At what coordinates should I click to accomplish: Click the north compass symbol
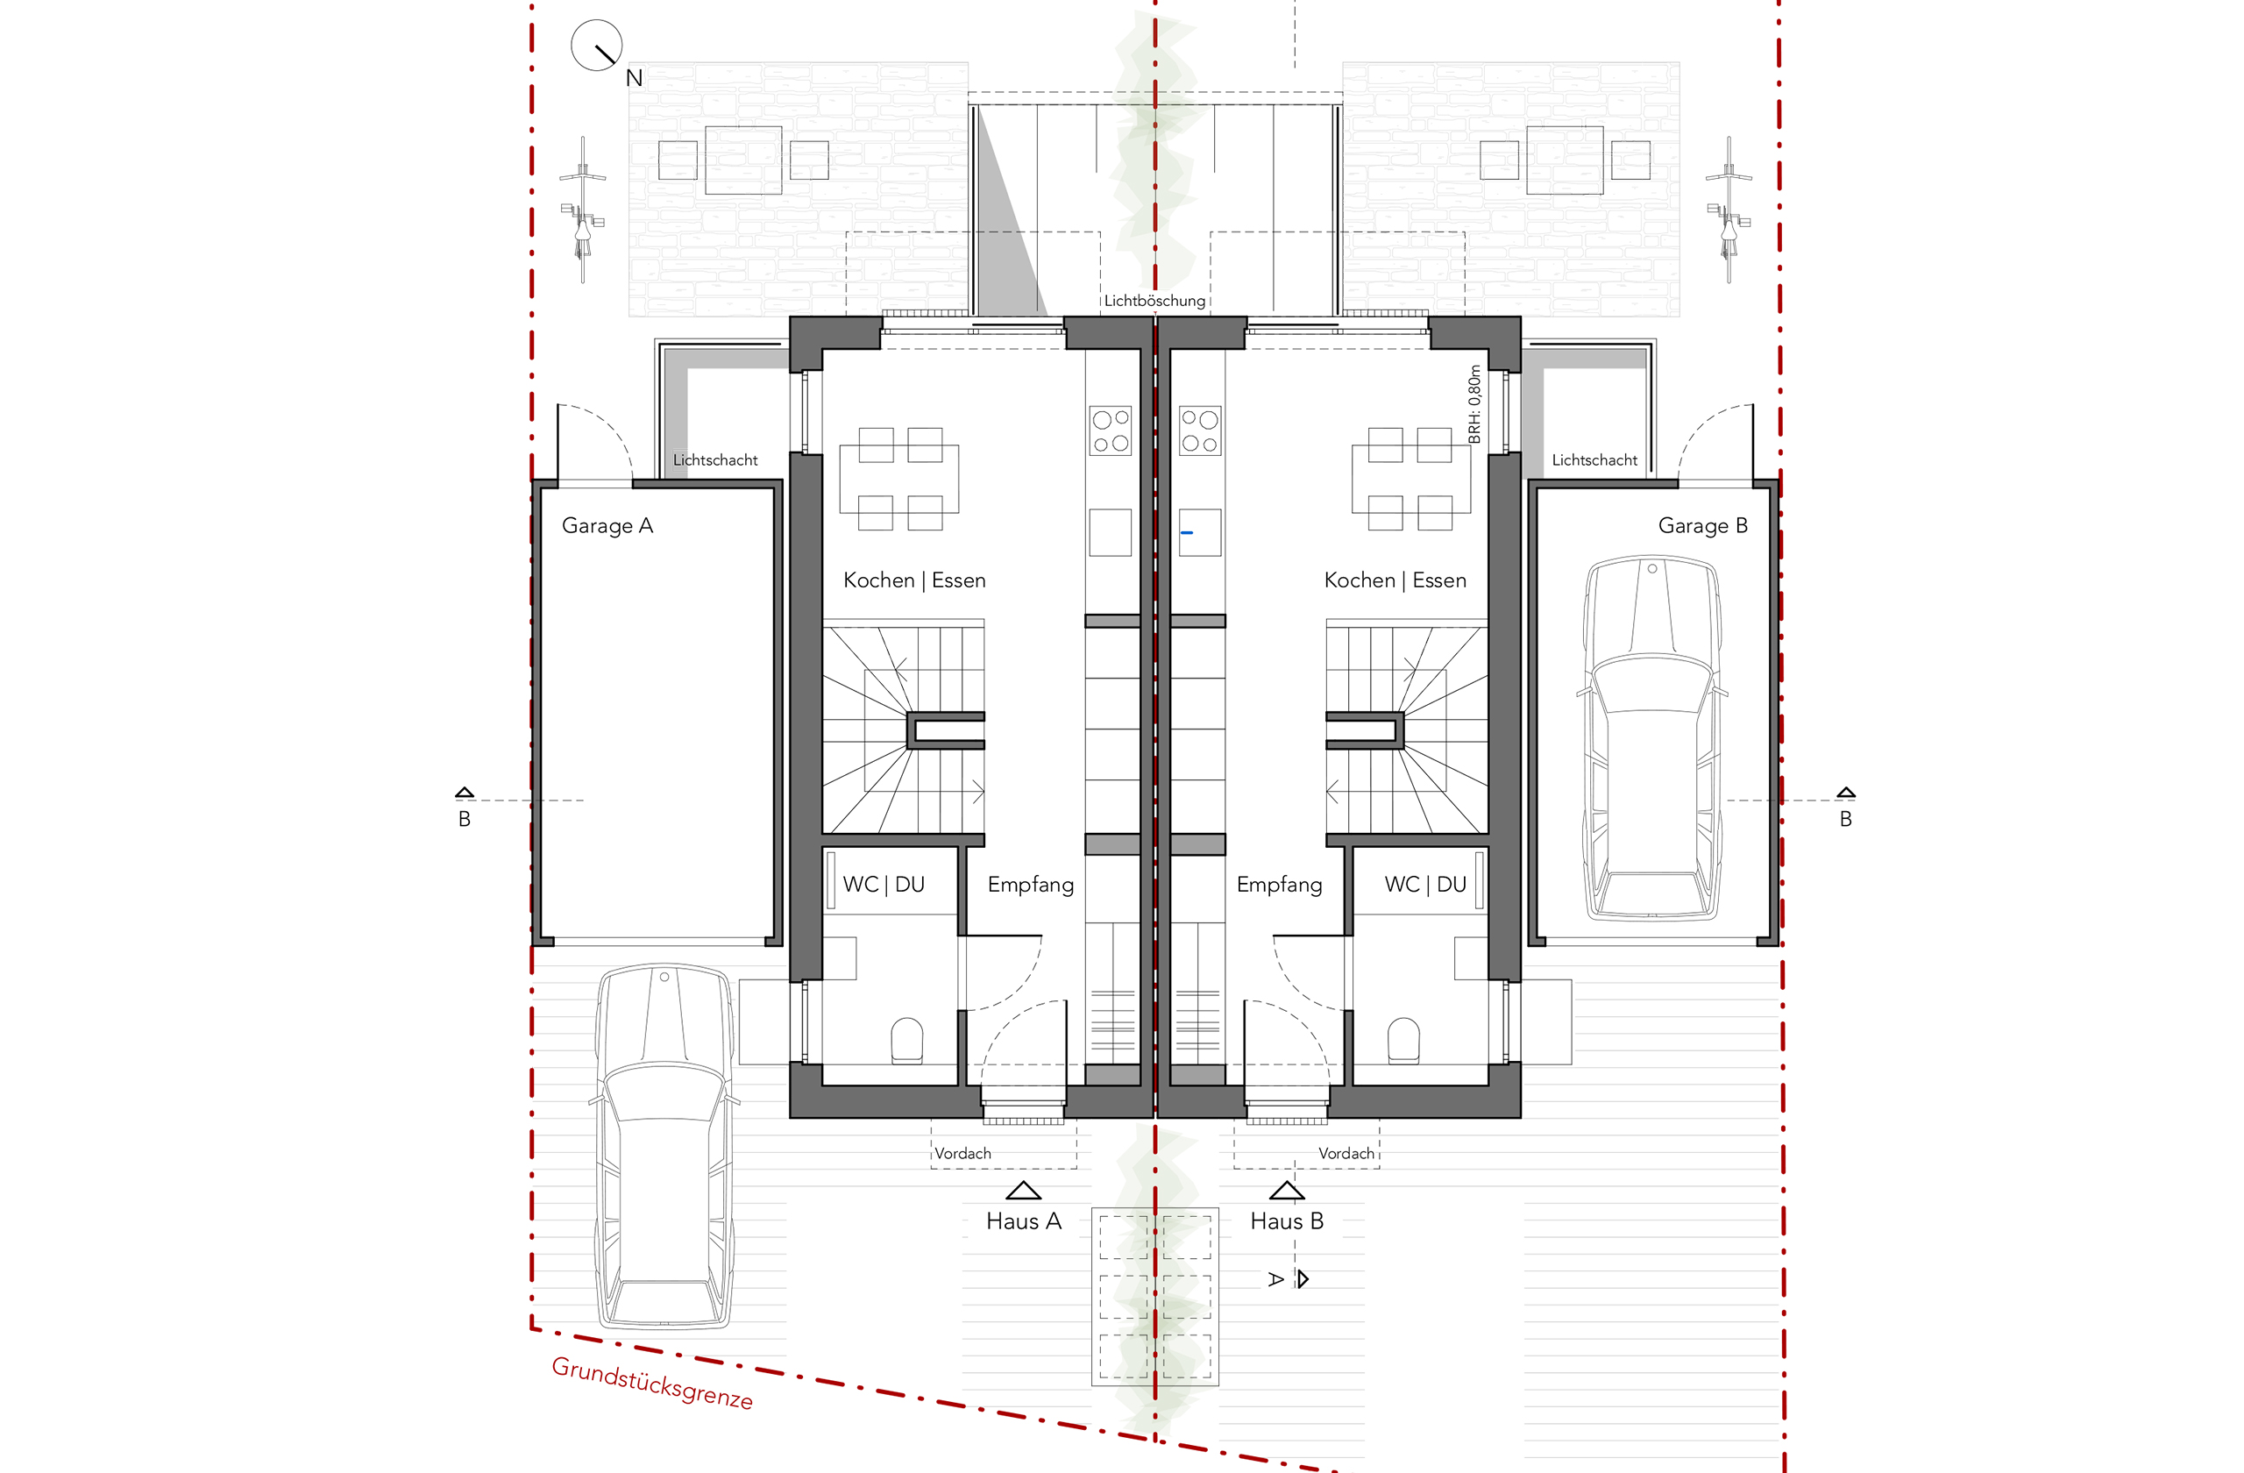click(x=596, y=46)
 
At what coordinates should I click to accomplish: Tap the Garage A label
click(x=607, y=526)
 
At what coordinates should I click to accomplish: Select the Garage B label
click(x=1703, y=526)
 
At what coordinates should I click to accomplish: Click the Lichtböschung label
click(x=1154, y=301)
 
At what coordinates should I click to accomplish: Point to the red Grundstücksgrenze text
click(x=652, y=1384)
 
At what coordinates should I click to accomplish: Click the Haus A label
click(x=1023, y=1221)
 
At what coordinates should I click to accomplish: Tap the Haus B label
click(x=1286, y=1221)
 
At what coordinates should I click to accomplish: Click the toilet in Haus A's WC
click(x=907, y=1040)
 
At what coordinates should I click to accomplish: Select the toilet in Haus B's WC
click(x=1404, y=1040)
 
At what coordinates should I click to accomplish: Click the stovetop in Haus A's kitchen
click(x=1110, y=431)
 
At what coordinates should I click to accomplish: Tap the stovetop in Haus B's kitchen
click(x=1200, y=431)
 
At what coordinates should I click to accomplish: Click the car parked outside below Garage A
click(x=664, y=1146)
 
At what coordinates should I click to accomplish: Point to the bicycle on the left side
click(x=583, y=210)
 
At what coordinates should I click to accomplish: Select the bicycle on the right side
click(x=1729, y=210)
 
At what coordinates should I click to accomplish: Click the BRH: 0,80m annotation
click(x=1474, y=404)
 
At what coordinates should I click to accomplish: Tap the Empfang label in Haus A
click(x=1031, y=885)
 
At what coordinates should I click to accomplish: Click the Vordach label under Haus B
click(x=1346, y=1153)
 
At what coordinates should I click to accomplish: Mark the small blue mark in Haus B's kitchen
click(x=1187, y=533)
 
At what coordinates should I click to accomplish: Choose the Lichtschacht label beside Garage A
click(x=715, y=460)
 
